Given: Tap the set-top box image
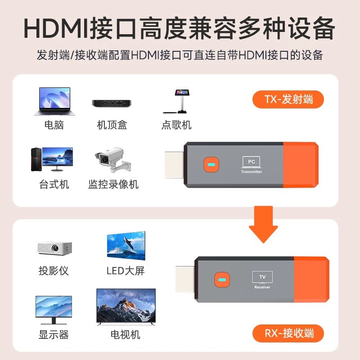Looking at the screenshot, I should (x=112, y=103).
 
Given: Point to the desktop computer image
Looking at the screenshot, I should (x=51, y=159).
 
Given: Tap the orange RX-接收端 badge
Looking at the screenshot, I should (x=288, y=333).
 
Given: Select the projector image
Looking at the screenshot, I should (x=54, y=248).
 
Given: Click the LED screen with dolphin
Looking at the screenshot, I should (x=126, y=247).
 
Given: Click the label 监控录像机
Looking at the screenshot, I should (x=113, y=184).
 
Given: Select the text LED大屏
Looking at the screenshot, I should (x=126, y=271).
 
